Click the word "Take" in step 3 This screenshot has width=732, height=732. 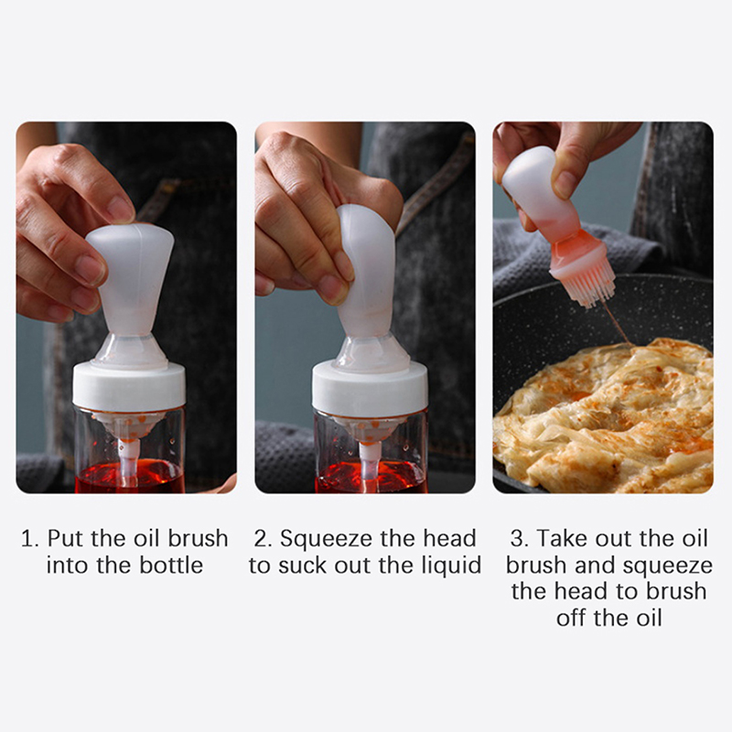click(x=559, y=539)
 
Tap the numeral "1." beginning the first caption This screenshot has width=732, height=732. click(x=30, y=539)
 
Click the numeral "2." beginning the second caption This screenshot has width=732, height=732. click(x=264, y=539)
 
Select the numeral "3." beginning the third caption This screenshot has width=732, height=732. click(x=520, y=539)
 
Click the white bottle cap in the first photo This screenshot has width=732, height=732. click(x=129, y=386)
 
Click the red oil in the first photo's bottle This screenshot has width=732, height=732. click(x=130, y=477)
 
